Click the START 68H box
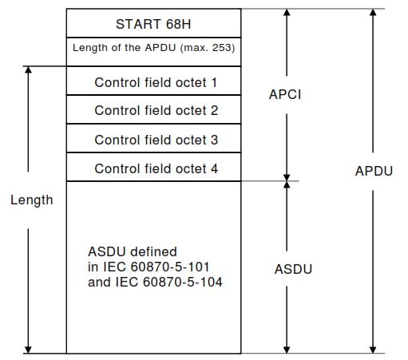click(x=153, y=22)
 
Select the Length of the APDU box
click(x=153, y=48)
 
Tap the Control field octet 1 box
click(x=153, y=82)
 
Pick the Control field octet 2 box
click(x=153, y=111)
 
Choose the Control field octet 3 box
click(x=153, y=140)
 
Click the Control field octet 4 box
click(x=153, y=168)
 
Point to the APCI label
click(x=285, y=94)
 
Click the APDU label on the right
click(x=374, y=171)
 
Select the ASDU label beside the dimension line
click(x=292, y=269)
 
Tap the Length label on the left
click(x=31, y=200)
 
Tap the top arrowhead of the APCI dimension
click(x=287, y=14)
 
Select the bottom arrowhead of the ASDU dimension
click(x=287, y=349)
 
